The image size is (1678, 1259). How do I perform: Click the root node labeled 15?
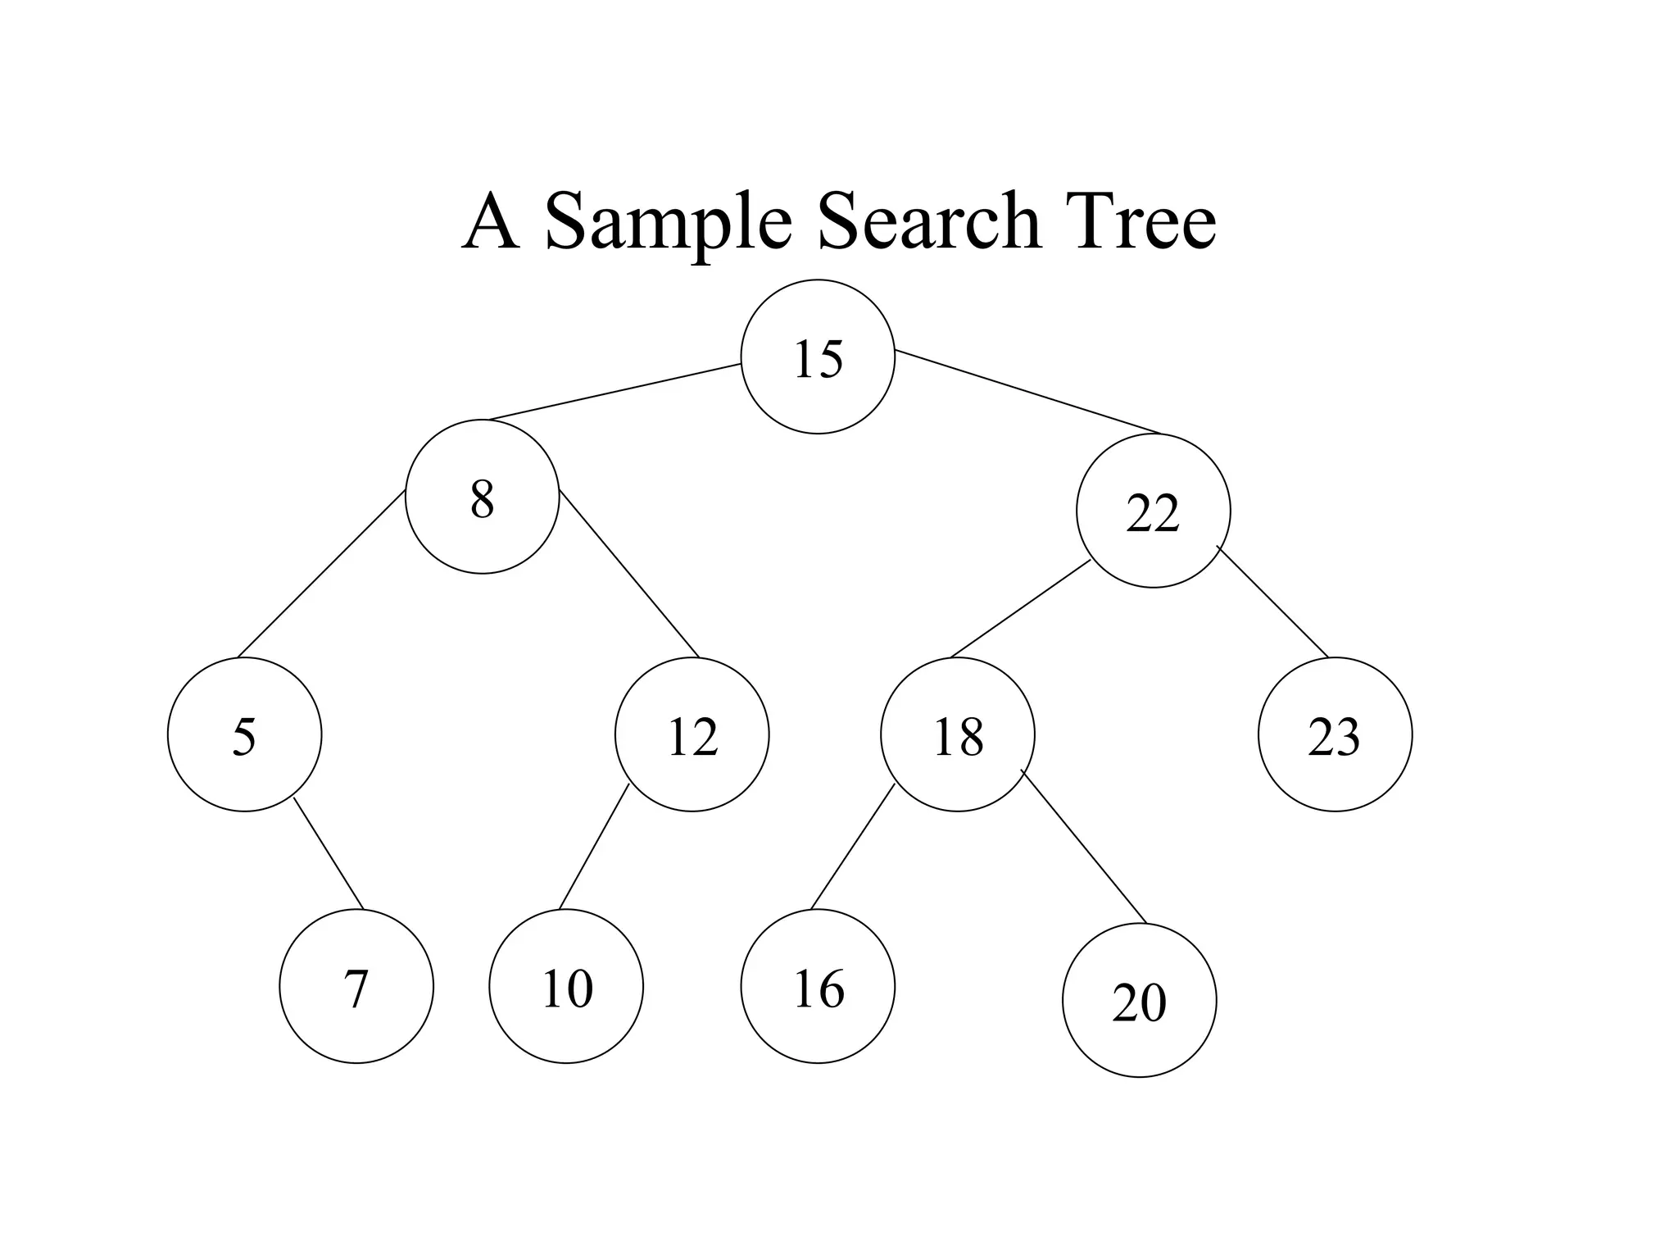point(818,357)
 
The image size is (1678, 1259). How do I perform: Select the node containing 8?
point(483,496)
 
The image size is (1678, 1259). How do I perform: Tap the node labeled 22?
point(1153,511)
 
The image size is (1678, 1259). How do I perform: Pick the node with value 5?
point(244,734)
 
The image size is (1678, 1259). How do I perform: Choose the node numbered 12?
point(692,734)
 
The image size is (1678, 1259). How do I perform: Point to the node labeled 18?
point(958,734)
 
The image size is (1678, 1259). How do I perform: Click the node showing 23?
point(1335,734)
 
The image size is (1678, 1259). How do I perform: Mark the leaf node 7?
point(356,986)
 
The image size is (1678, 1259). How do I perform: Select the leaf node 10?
point(566,986)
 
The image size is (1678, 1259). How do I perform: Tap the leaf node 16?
point(818,986)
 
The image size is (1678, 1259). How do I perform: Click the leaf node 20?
point(1139,1000)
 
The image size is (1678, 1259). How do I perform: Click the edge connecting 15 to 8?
point(615,392)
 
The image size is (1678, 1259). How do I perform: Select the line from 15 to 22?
point(1028,392)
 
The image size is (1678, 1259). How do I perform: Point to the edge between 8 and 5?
point(321,574)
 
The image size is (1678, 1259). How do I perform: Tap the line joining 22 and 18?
point(1020,609)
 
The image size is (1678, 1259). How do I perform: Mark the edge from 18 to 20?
point(1083,846)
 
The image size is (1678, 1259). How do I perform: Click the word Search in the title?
point(929,221)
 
